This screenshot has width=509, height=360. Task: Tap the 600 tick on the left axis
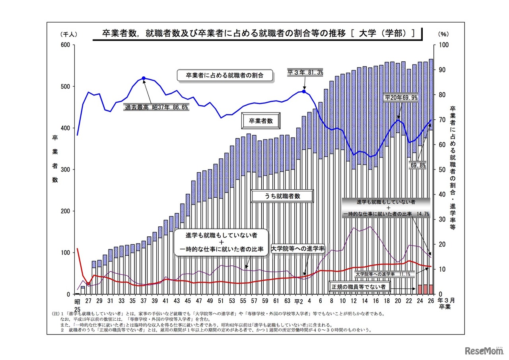point(65,45)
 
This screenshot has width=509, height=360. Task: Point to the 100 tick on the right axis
point(443,45)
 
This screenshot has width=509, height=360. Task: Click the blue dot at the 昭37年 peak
point(144,78)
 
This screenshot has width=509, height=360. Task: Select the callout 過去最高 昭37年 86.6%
point(157,107)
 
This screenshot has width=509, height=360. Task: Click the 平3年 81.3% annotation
point(305,72)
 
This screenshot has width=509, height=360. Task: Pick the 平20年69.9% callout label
point(401,97)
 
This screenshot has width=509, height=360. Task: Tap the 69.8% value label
point(417,165)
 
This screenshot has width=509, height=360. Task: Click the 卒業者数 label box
point(261,121)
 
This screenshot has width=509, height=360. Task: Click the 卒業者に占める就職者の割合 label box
point(225,75)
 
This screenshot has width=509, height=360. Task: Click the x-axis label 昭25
point(77,304)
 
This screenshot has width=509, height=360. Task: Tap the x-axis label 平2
point(299,301)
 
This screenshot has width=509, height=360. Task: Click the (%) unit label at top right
point(443,35)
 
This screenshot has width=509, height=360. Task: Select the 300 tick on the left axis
point(65,170)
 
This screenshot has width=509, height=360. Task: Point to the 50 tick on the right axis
point(441,170)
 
